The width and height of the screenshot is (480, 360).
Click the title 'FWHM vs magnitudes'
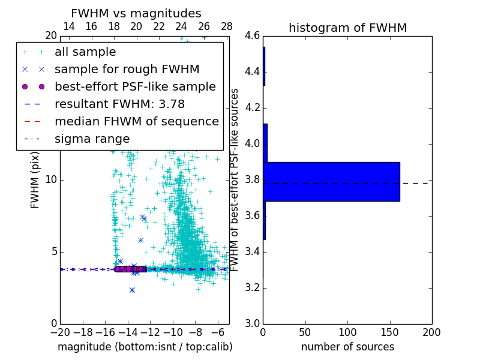(136, 13)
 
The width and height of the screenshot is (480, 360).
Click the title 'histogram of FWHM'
(347, 28)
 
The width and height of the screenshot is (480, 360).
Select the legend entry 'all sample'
(85, 52)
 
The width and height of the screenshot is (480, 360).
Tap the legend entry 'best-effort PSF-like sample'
(135, 86)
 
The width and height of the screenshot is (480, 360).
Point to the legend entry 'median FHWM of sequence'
(136, 121)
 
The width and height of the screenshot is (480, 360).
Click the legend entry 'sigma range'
(92, 139)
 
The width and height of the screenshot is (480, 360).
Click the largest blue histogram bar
(331, 181)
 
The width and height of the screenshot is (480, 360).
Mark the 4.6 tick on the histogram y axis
(253, 36)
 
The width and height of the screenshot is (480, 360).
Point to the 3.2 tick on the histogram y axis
(253, 287)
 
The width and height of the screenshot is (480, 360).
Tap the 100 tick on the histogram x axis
(347, 332)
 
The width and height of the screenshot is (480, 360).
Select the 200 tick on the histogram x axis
(431, 332)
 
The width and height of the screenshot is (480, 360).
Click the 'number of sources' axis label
(347, 347)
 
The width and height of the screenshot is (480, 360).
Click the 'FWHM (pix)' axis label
(35, 180)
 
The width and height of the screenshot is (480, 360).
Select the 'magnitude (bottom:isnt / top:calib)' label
(145, 347)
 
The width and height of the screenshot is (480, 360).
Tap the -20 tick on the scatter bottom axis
(60, 332)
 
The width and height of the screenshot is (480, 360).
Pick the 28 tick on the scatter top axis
(227, 26)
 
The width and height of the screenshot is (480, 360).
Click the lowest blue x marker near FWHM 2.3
(132, 290)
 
